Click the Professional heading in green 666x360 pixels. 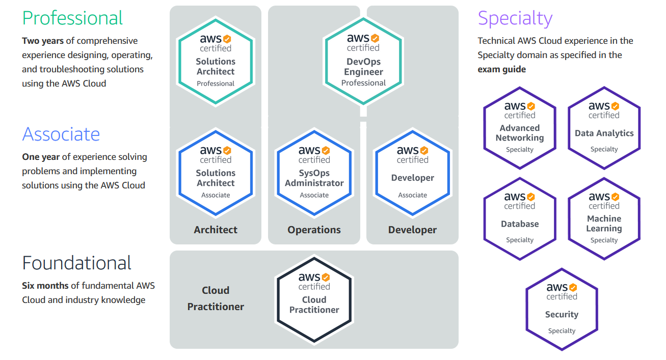tap(72, 18)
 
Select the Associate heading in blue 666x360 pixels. tap(61, 134)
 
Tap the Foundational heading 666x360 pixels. tap(77, 263)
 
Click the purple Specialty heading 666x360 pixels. tap(515, 19)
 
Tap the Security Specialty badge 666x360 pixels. tap(562, 309)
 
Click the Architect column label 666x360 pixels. tap(216, 230)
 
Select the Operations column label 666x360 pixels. tap(314, 230)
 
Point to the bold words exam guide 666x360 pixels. tap(501, 69)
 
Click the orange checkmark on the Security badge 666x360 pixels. tap(573, 288)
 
